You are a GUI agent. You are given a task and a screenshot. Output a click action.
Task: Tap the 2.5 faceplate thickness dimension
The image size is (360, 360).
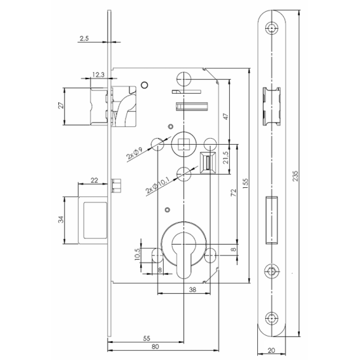coord(83,39)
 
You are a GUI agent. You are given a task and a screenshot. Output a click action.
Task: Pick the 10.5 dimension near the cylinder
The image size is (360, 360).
coord(137,253)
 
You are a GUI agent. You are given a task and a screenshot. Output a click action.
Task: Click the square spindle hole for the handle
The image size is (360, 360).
coord(184,143)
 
